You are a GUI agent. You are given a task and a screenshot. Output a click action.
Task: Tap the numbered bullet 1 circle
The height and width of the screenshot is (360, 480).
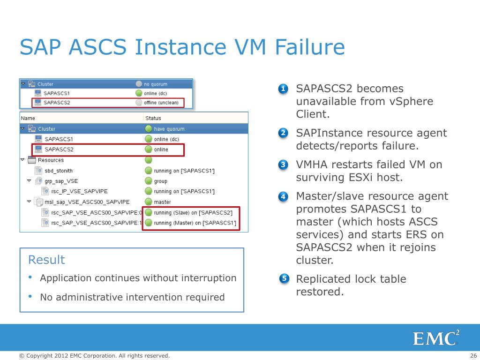pos(283,89)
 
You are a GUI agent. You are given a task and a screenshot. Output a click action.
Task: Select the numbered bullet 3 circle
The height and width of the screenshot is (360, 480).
pos(283,165)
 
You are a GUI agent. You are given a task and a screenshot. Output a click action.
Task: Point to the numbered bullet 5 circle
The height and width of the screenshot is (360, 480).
pos(283,279)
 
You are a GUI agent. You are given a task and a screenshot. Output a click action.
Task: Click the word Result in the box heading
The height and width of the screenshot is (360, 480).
pos(46,260)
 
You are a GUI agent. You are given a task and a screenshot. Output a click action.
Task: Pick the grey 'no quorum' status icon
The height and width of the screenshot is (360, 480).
pos(138,84)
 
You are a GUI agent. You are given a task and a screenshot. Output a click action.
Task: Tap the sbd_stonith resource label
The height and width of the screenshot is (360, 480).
pos(62,171)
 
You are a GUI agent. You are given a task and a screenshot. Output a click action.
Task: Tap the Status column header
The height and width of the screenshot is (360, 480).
pos(153,118)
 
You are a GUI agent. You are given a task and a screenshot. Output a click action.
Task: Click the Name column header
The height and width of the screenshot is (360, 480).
pos(28,118)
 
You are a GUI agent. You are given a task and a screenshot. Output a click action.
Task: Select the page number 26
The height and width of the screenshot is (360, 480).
pos(473,356)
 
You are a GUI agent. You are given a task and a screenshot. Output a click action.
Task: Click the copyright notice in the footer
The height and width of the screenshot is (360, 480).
pos(94,356)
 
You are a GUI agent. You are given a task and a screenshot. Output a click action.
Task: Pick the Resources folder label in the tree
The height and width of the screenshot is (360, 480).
pos(51,160)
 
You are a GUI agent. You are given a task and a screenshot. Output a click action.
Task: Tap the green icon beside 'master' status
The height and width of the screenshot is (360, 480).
pos(148,202)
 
